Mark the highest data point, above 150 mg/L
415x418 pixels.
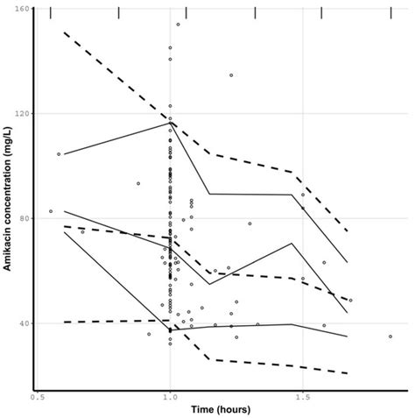[178, 25]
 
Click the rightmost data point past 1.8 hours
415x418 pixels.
[390, 336]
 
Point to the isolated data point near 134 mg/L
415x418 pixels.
[231, 75]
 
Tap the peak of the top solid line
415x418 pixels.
[170, 123]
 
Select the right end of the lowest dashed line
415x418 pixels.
[348, 373]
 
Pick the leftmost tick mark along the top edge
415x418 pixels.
[51, 12]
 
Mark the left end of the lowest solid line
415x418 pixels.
[65, 231]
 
